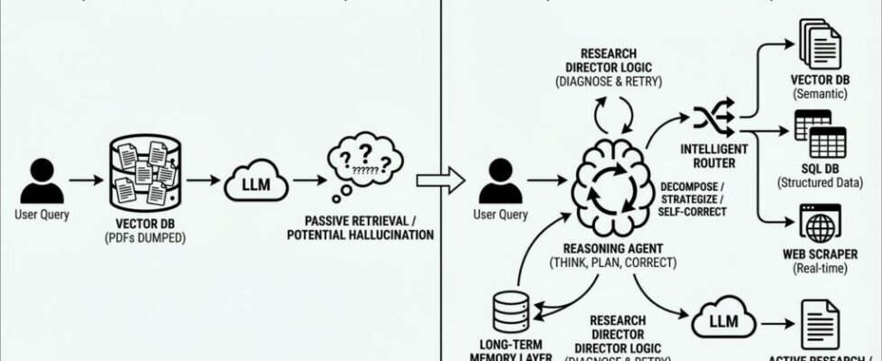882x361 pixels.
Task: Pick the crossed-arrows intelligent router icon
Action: coord(709,118)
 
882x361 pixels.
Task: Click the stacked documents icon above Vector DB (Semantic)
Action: coord(820,42)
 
